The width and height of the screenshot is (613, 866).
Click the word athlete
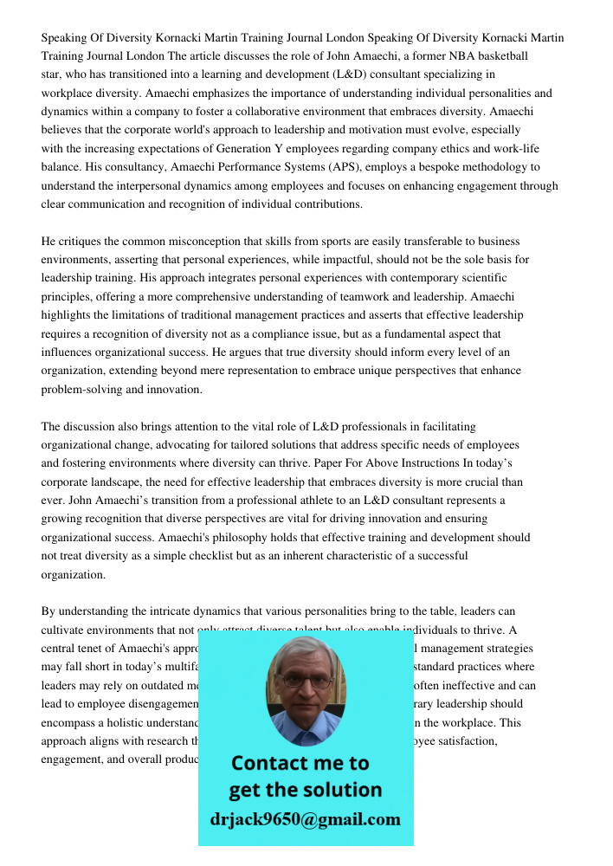tap(345, 501)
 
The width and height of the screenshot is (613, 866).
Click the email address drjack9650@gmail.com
tap(305, 819)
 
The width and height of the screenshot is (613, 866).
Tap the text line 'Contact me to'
tap(300, 763)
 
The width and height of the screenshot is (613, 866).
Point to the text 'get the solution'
tap(305, 790)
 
